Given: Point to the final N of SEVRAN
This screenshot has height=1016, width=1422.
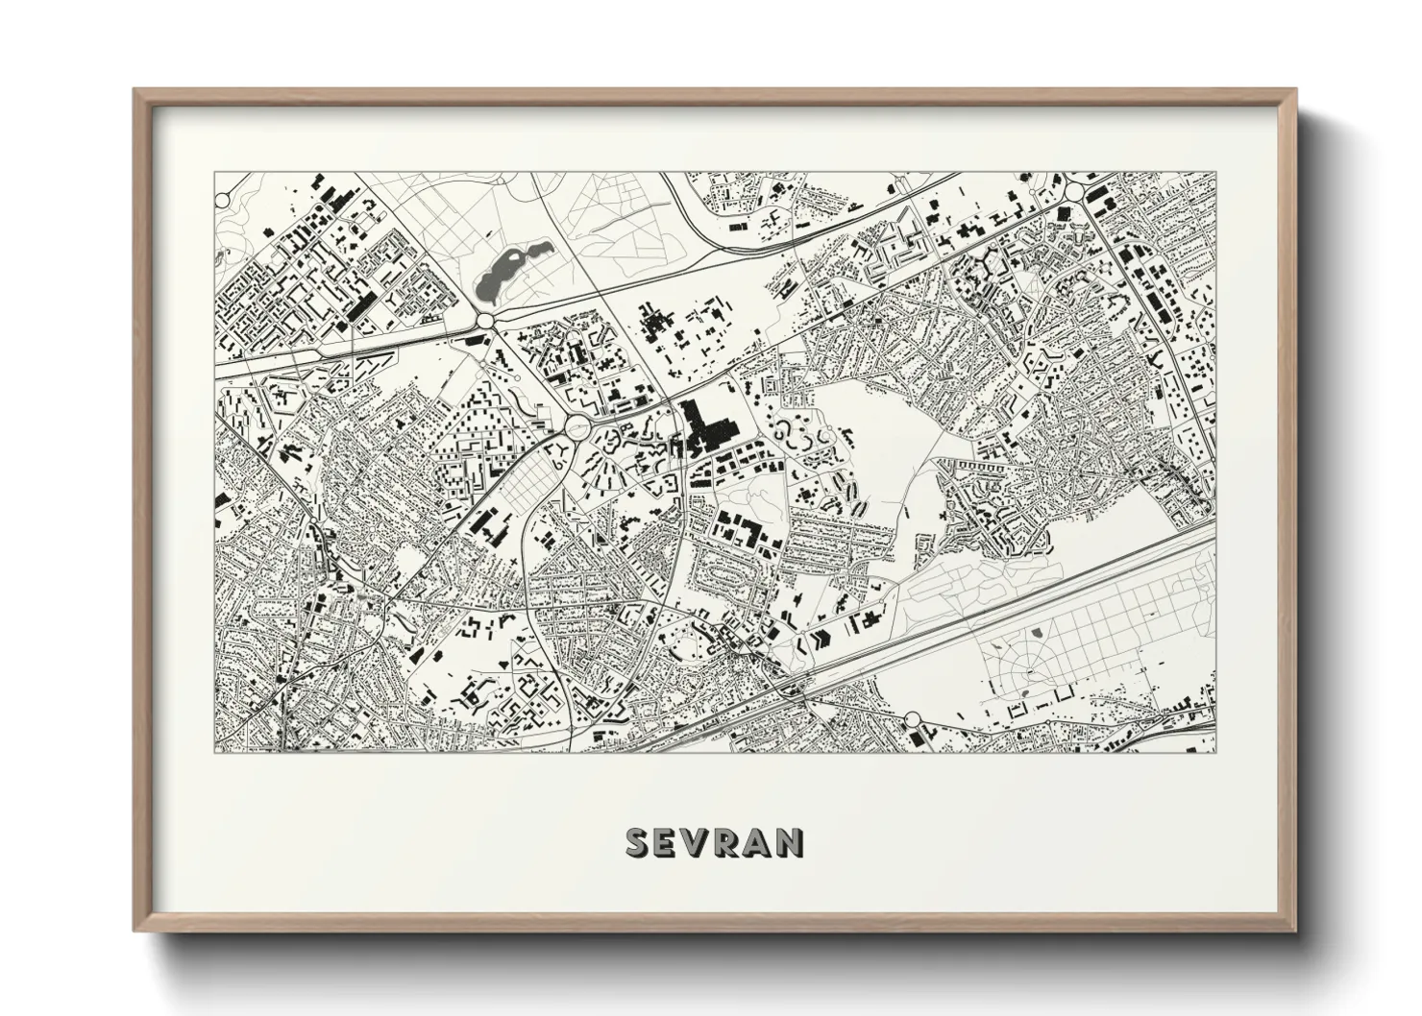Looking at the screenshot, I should tap(791, 842).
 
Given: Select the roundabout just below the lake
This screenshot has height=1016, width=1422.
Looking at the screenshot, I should tap(485, 319).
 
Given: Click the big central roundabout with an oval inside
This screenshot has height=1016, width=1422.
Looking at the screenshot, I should tap(578, 425).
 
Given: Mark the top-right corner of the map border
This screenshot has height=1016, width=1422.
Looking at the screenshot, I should tap(1215, 173).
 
